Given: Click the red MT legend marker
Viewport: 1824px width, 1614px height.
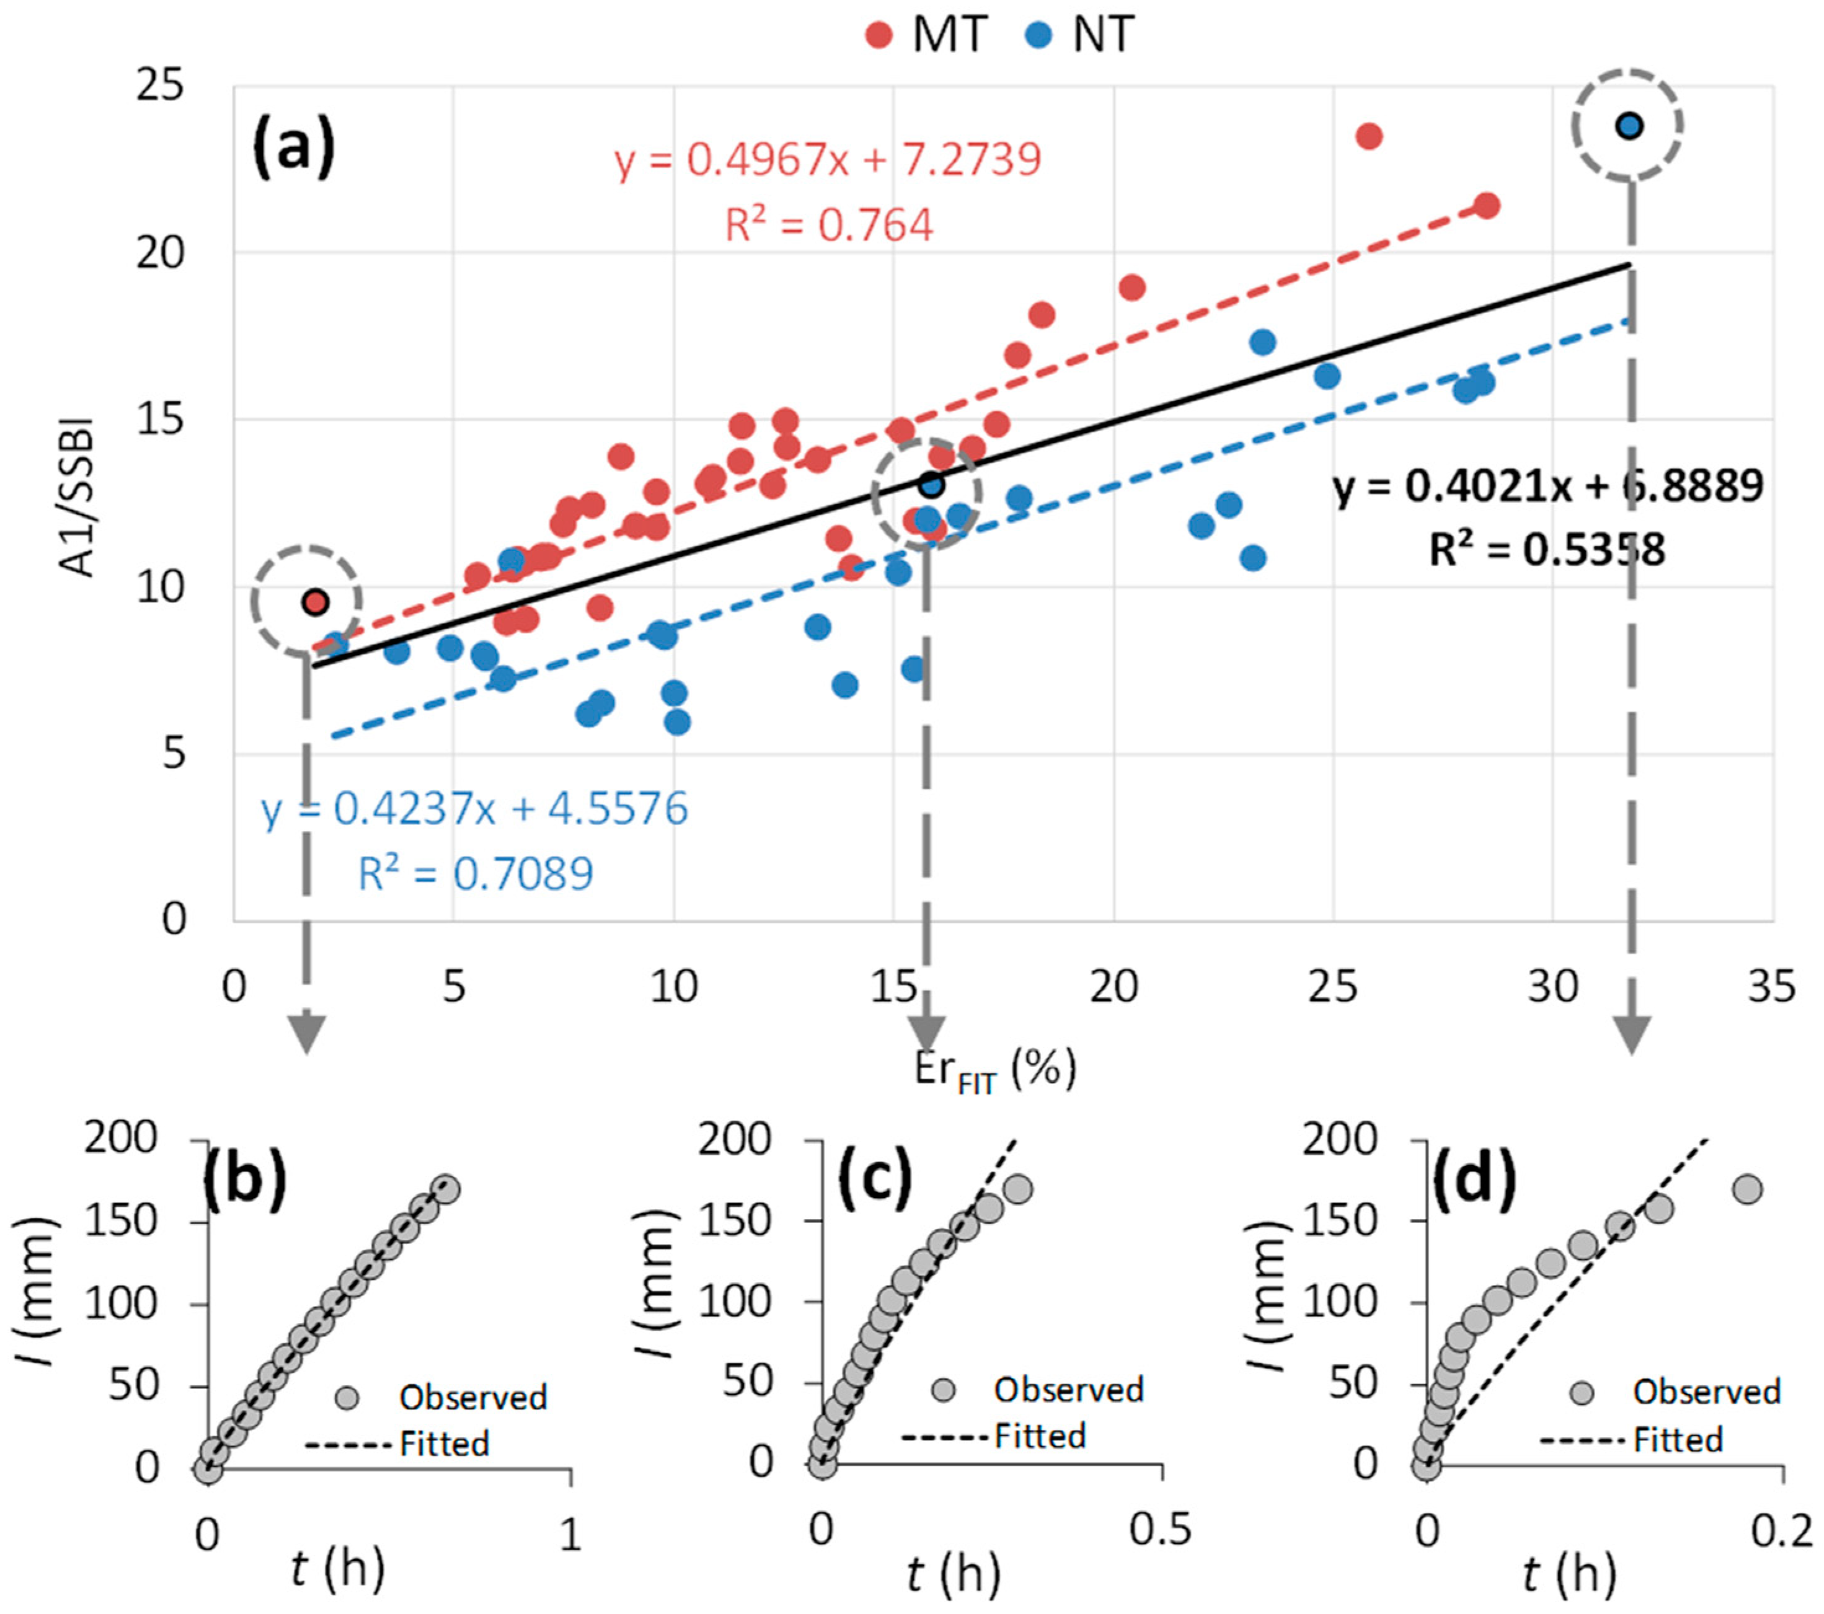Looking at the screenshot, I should tap(879, 36).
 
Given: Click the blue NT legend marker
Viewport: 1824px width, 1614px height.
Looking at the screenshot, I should tap(1040, 36).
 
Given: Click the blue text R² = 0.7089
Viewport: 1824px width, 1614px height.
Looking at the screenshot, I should tap(475, 873).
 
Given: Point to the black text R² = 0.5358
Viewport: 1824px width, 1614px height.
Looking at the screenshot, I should tap(1546, 550).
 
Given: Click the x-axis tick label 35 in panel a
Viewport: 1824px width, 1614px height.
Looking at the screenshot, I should tap(1771, 987).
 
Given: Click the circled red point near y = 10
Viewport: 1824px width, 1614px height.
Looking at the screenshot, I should tap(315, 602).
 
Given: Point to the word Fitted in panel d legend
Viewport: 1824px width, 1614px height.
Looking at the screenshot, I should tap(1678, 1440).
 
